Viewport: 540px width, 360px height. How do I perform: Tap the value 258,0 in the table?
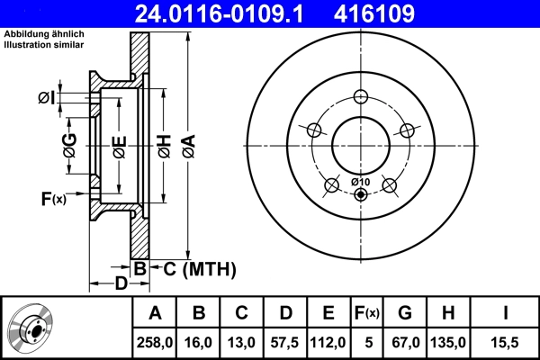click(155, 342)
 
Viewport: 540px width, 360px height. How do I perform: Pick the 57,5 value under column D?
click(284, 342)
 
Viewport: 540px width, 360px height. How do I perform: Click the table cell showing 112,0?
click(328, 342)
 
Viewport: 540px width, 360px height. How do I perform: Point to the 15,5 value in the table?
click(507, 342)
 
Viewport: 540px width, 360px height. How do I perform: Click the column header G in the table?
click(405, 313)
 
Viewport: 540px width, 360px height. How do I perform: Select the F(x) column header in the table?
click(367, 313)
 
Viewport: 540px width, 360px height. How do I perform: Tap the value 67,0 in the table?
click(405, 342)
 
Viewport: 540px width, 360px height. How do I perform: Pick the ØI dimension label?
click(48, 97)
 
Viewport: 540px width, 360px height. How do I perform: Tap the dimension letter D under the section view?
click(121, 285)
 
